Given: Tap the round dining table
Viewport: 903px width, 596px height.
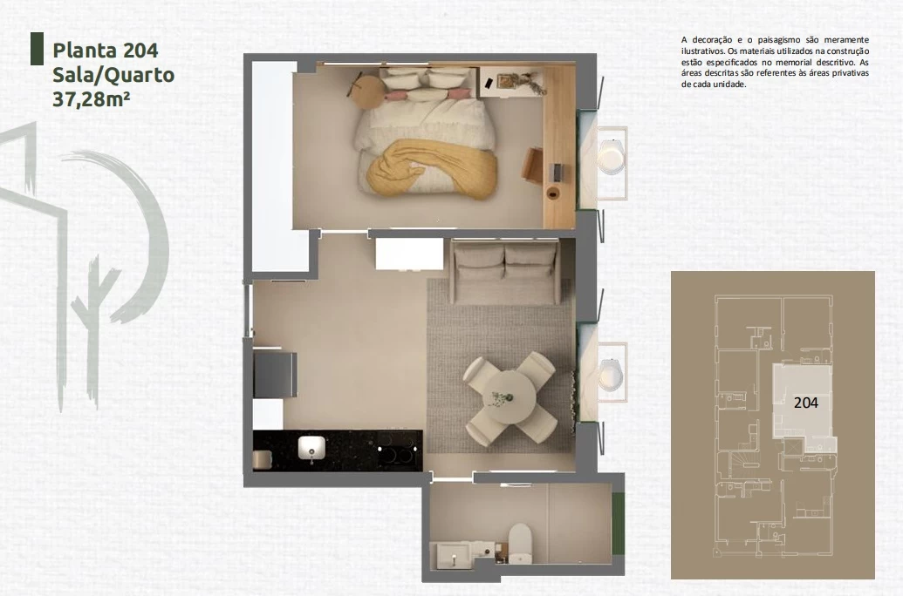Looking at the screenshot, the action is [510, 397].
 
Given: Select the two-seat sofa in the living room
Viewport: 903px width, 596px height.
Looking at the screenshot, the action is [504, 272].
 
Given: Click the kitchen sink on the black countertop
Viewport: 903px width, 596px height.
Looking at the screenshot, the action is [311, 448].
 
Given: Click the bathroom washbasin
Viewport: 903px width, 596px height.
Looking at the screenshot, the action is [454, 555].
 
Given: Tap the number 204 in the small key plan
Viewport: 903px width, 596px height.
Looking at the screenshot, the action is [805, 403].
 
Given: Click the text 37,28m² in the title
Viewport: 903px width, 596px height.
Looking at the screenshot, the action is [91, 99].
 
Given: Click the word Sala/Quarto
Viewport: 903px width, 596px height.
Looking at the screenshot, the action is [113, 75].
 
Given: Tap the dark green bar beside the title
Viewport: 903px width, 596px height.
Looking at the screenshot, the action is [37, 49].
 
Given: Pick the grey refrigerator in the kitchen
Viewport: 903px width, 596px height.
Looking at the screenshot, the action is [276, 374].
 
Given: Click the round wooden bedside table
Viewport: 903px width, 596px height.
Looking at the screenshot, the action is [367, 92].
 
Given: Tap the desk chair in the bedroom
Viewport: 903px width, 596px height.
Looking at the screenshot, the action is [533, 165].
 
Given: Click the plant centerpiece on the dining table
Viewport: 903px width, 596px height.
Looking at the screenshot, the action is [500, 397].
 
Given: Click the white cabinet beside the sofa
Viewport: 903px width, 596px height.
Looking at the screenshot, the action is [409, 254].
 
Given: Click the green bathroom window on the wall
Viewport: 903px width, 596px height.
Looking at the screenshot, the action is [618, 524].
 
